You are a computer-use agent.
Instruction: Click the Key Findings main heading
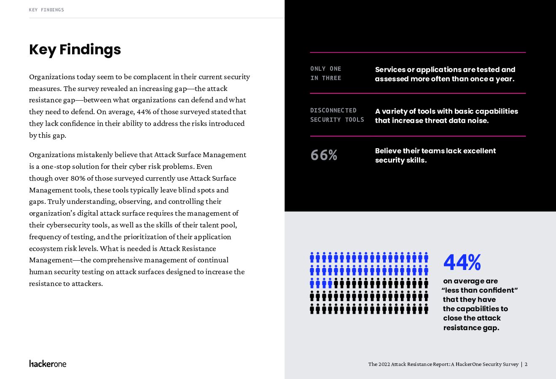[75, 50]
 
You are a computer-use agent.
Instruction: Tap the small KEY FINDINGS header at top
[46, 10]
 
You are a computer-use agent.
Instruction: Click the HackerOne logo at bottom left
[48, 363]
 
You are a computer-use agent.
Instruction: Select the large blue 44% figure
[462, 262]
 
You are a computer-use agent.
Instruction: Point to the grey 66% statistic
[324, 155]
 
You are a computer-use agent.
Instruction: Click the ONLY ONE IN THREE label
[326, 73]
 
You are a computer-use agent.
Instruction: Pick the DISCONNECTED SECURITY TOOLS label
[337, 115]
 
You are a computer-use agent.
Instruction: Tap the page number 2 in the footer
[526, 364]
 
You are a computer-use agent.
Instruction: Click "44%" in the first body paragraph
[144, 112]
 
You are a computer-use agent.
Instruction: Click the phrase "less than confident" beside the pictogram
[480, 290]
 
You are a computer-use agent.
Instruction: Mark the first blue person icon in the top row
[312, 258]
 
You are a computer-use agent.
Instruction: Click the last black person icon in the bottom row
[426, 309]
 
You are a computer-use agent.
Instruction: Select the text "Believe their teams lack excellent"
[435, 151]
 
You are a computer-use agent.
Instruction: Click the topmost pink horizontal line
[418, 52]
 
